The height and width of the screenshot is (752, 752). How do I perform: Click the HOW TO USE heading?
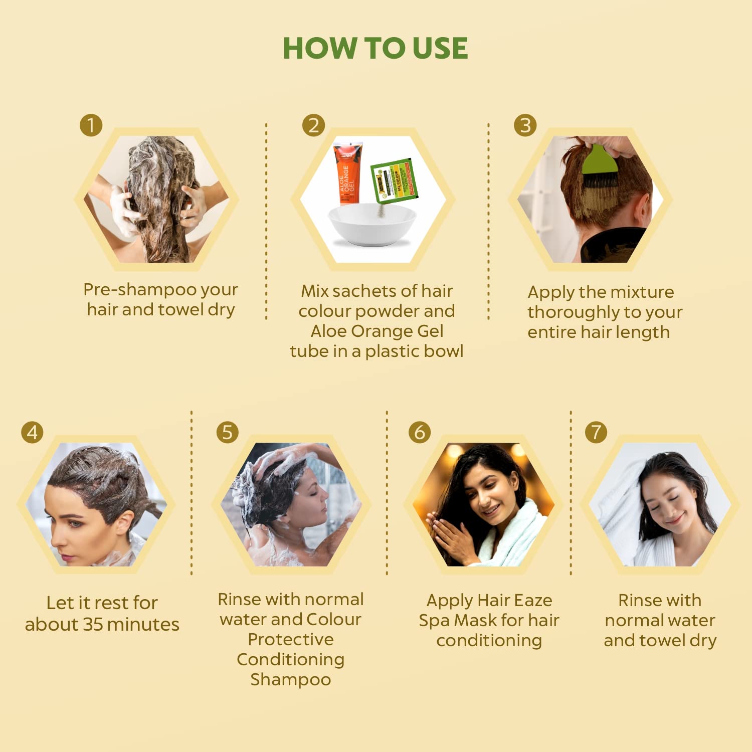(375, 49)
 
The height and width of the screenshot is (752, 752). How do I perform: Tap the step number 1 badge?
(91, 125)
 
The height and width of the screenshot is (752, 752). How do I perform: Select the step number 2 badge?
(313, 125)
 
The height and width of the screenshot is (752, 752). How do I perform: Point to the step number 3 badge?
(525, 125)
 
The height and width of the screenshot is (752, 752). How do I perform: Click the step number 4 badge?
(32, 432)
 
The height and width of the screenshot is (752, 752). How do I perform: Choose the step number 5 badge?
(227, 432)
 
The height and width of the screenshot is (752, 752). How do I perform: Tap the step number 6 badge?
(420, 432)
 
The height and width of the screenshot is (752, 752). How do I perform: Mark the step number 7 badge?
(596, 432)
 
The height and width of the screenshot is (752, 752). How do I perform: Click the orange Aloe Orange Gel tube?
(347, 173)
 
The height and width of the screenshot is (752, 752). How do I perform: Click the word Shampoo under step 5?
(290, 679)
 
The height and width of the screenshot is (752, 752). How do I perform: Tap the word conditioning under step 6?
(489, 641)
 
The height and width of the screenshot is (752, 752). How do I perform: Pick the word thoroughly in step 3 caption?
(574, 312)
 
